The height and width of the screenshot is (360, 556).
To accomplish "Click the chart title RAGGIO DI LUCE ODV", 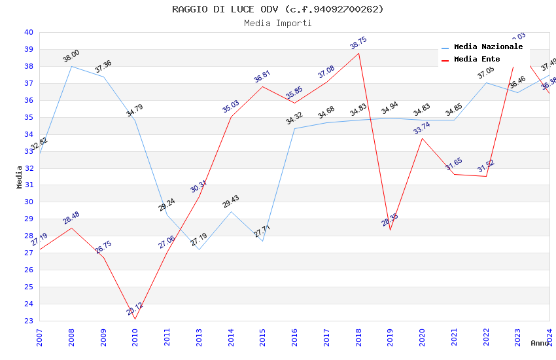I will tap(278, 9).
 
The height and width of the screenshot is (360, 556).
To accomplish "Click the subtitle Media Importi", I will tap(278, 23).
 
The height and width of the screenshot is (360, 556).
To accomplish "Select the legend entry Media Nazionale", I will tap(488, 47).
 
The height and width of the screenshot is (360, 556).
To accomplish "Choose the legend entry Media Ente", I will tap(477, 60).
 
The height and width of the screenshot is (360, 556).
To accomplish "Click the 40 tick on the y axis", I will tap(28, 33).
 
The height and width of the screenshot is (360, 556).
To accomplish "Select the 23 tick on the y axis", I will tap(28, 321).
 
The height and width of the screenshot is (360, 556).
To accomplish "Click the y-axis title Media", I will tap(20, 177).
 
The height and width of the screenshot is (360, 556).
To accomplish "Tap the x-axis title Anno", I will tap(540, 343).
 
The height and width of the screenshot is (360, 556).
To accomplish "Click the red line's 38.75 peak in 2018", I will tap(358, 53).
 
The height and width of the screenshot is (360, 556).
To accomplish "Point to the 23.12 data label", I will tap(135, 309).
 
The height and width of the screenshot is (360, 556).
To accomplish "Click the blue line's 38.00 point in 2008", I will tap(71, 66).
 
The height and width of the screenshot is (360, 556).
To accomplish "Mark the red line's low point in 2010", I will tap(135, 319).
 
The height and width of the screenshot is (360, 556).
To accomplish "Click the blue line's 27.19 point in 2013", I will tap(199, 249).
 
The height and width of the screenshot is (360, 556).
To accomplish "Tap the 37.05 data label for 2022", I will tap(486, 73).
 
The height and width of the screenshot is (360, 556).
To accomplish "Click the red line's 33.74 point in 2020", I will tap(422, 138).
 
